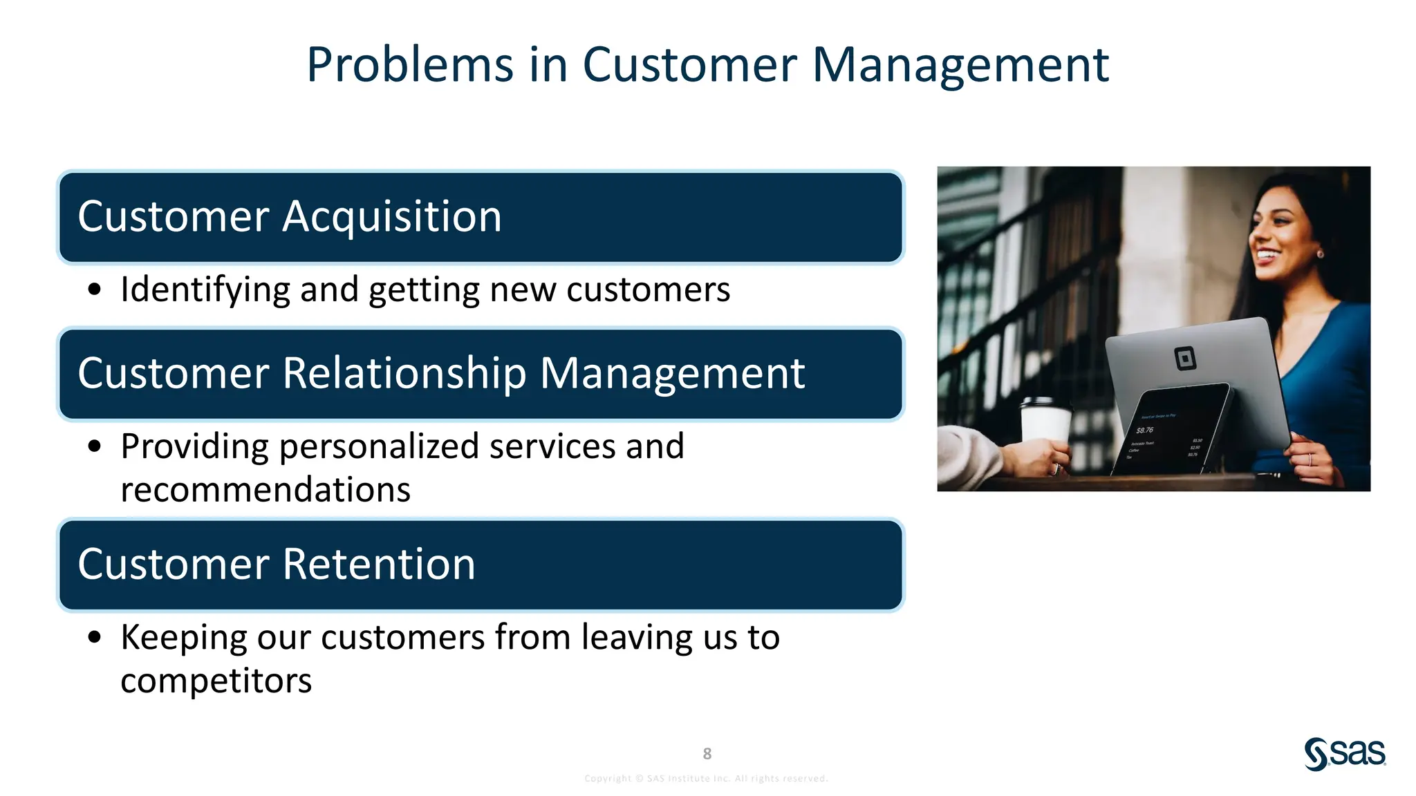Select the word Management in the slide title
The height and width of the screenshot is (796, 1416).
(x=960, y=65)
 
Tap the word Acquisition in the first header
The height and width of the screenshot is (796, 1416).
(x=392, y=216)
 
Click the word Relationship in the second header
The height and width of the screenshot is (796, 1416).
(x=404, y=373)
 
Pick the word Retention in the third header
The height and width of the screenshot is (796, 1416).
(x=379, y=564)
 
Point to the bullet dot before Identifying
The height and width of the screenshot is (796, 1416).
(x=95, y=290)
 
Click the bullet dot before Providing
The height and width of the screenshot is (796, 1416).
(x=95, y=446)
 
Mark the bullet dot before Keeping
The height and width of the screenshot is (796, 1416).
(x=95, y=637)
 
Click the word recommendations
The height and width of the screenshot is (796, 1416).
(x=265, y=490)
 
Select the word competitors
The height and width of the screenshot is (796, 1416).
(x=216, y=681)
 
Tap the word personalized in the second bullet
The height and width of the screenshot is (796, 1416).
(x=379, y=446)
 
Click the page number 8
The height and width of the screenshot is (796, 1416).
(x=707, y=753)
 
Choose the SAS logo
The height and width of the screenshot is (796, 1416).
(x=1344, y=753)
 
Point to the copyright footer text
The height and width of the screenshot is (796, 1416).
(x=706, y=779)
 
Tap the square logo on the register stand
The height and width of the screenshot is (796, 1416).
(x=1185, y=359)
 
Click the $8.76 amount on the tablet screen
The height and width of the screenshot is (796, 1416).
(x=1145, y=430)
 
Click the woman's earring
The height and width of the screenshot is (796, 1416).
(x=1320, y=254)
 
